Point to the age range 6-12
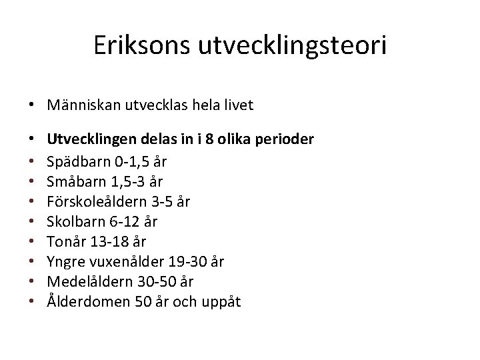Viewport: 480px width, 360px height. coord(123,221)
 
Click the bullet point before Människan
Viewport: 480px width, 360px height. coord(31,105)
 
